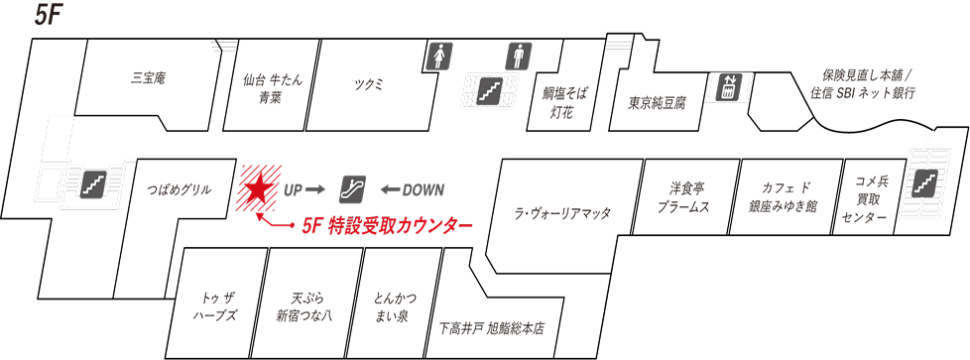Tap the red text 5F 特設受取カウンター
[x=387, y=226]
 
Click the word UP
[x=296, y=189]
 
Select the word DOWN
[x=424, y=189]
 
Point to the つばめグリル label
[x=179, y=189]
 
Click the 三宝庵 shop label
[x=148, y=77]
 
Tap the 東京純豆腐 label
[x=657, y=102]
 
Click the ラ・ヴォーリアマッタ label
[x=562, y=213]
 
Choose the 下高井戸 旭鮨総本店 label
[x=491, y=328]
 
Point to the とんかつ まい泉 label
[x=395, y=306]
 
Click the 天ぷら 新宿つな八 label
[x=304, y=306]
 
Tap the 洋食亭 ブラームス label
[x=683, y=197]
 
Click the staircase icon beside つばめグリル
[x=93, y=182]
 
